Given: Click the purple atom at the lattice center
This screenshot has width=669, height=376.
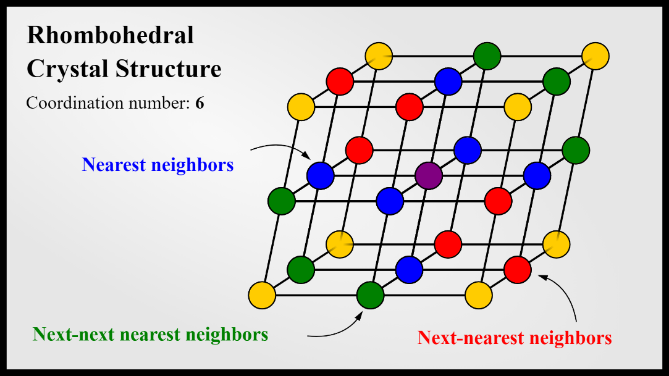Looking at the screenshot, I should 429,175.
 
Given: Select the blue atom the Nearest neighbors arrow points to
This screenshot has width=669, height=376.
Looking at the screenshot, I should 321,175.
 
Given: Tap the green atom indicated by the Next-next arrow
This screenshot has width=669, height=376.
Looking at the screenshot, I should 370,295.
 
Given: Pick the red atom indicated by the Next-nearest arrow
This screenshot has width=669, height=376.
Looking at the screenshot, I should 518,269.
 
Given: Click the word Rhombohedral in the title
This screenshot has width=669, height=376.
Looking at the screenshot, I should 111,35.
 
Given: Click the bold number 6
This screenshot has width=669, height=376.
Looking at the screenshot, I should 200,103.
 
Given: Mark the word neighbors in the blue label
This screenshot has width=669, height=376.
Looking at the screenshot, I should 195,165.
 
